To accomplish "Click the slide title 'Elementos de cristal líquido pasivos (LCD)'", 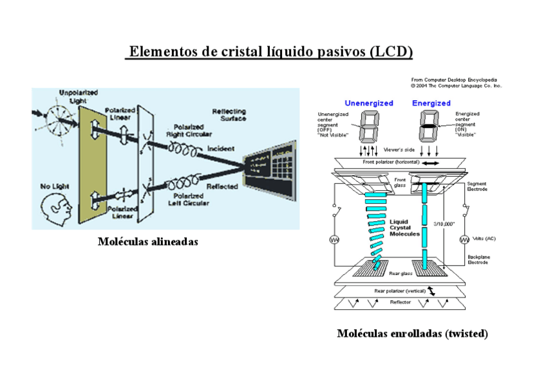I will coord(270,51).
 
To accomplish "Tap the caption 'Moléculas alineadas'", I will coord(147,242).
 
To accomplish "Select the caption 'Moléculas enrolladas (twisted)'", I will coord(412,334).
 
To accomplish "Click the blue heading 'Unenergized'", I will coord(368,103).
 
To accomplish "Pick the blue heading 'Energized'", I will coord(431,103).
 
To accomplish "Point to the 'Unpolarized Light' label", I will coord(78,96).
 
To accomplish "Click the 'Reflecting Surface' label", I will coord(229,115).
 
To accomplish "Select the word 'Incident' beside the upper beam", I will coord(221,148).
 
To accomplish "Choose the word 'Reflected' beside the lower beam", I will coord(221,186).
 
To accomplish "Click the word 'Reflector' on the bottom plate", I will coord(400,302).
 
